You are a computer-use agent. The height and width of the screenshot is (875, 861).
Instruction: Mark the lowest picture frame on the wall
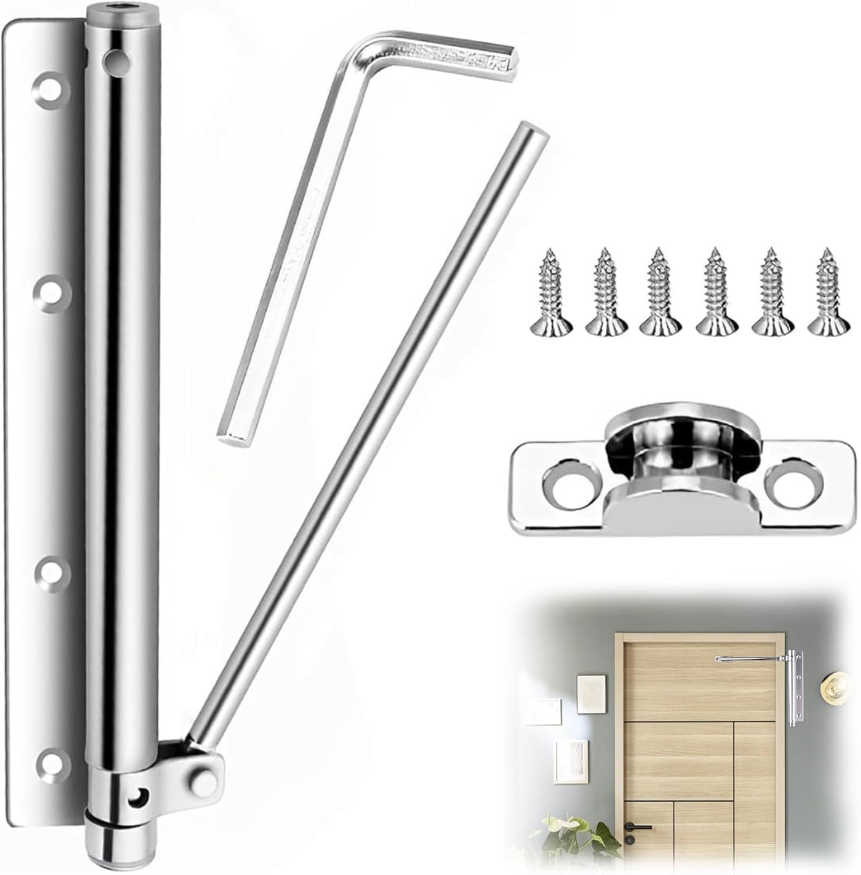[569, 759]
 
